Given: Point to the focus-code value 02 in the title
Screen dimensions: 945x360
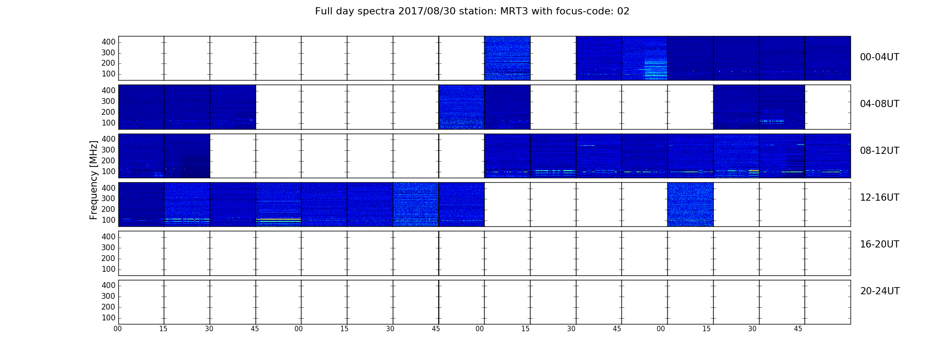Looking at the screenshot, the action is (x=623, y=11).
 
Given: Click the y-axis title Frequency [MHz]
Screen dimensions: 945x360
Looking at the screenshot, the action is (x=94, y=180).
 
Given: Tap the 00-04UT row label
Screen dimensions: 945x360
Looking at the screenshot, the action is (x=879, y=57).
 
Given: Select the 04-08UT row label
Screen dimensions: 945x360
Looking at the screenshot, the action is (x=879, y=104).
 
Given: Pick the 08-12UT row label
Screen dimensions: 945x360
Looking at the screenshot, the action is (x=879, y=151).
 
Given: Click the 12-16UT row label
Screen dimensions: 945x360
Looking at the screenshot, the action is (x=879, y=198).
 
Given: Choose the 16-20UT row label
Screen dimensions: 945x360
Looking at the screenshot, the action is (x=879, y=244).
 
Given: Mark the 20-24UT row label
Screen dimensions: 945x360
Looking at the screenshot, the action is (x=880, y=291).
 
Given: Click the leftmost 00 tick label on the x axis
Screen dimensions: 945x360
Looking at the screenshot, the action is (x=117, y=329).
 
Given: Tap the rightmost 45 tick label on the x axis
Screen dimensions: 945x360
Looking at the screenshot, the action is (x=798, y=329).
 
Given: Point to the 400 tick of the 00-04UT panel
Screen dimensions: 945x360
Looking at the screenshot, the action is (x=108, y=42).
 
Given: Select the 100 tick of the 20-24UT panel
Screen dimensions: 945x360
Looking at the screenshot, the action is (x=108, y=318).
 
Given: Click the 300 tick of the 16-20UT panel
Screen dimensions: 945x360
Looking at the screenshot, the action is (x=108, y=247).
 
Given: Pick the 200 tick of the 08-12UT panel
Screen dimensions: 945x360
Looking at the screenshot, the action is (x=108, y=161).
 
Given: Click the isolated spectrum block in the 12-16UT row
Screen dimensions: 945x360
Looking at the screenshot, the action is (x=690, y=204).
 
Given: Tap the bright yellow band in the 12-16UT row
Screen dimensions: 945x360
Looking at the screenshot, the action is (x=279, y=220).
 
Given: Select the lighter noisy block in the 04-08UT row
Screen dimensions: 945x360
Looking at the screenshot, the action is (x=461, y=107).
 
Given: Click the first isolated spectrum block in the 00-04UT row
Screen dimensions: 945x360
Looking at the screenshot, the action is (x=507, y=58).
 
